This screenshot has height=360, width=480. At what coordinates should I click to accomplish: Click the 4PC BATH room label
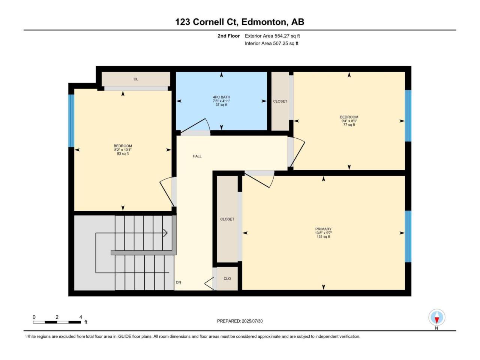(x=221, y=97)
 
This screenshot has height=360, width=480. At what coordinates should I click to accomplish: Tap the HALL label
(x=197, y=156)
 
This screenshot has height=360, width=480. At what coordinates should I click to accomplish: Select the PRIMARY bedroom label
(x=323, y=229)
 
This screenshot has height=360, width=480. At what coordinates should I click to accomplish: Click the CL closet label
(x=136, y=79)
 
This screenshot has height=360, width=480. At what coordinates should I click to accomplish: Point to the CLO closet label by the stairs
(x=227, y=279)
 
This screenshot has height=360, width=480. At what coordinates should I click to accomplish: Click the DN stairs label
(x=178, y=282)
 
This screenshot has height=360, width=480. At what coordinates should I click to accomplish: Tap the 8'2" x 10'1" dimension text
(x=123, y=150)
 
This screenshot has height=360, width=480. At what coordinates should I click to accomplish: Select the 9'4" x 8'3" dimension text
(x=349, y=121)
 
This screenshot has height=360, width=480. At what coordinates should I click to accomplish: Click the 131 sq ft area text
(x=323, y=237)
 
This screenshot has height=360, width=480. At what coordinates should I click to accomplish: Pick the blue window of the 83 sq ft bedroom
(x=71, y=121)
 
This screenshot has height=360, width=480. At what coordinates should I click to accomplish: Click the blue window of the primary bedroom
(x=408, y=236)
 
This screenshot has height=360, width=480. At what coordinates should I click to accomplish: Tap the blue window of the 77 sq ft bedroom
(x=408, y=116)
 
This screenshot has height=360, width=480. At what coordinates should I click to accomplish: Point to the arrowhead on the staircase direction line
(x=165, y=233)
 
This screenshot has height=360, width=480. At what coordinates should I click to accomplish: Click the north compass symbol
(x=436, y=317)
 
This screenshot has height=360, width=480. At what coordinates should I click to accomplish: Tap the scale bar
(x=57, y=322)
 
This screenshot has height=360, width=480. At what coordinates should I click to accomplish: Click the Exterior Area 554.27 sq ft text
(x=272, y=36)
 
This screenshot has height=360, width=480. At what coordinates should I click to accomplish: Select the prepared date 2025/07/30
(x=252, y=321)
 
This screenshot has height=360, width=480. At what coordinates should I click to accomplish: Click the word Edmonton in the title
(x=264, y=22)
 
